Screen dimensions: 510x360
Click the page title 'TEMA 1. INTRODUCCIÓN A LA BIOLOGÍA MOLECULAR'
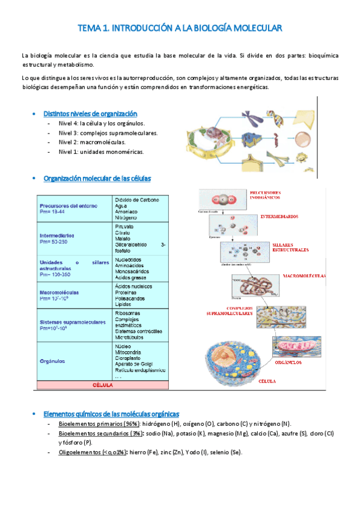180,28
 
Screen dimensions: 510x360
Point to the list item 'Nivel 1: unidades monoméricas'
101,152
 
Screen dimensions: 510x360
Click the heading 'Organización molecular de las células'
97,179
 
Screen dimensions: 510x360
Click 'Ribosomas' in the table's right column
127,313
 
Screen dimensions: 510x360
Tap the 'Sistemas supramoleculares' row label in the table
72,322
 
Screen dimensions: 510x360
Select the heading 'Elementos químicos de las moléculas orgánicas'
111,414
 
